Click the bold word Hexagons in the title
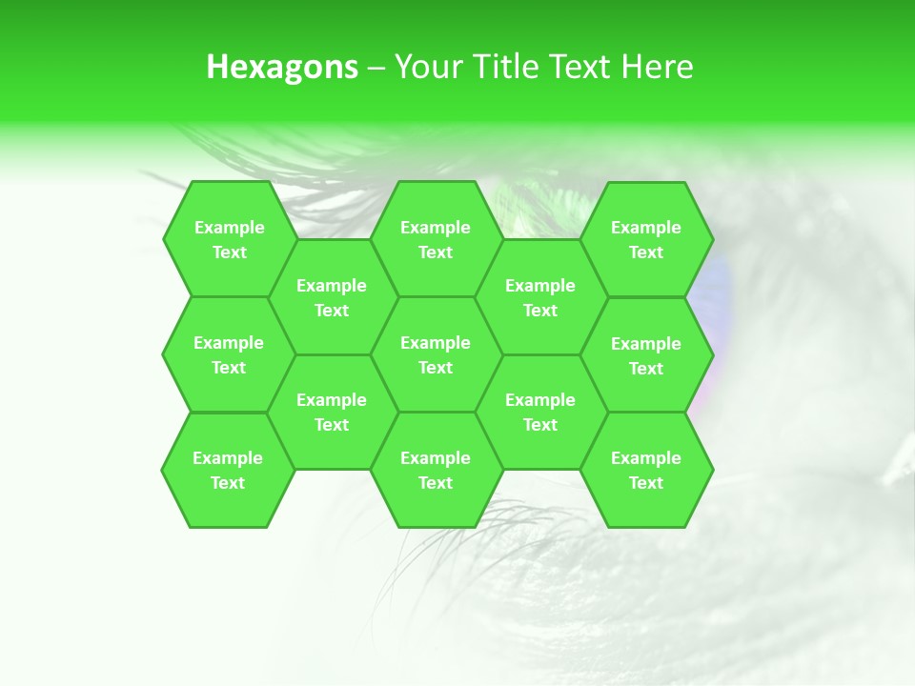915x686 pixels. [282, 67]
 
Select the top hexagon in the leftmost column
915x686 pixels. [229, 239]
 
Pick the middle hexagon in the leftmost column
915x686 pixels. [229, 354]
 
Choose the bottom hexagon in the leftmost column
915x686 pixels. [228, 470]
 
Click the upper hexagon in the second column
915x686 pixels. [332, 297]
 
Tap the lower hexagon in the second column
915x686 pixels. [332, 412]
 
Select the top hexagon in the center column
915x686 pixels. [436, 239]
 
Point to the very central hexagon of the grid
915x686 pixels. [436, 354]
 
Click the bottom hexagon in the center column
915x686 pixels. [436, 470]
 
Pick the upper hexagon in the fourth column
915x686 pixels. [540, 297]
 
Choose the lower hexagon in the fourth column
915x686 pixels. [540, 412]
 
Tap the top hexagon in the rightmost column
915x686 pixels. [646, 239]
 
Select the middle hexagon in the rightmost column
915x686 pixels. [646, 355]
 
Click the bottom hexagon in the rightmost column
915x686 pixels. [646, 470]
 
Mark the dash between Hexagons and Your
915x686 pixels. [376, 68]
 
